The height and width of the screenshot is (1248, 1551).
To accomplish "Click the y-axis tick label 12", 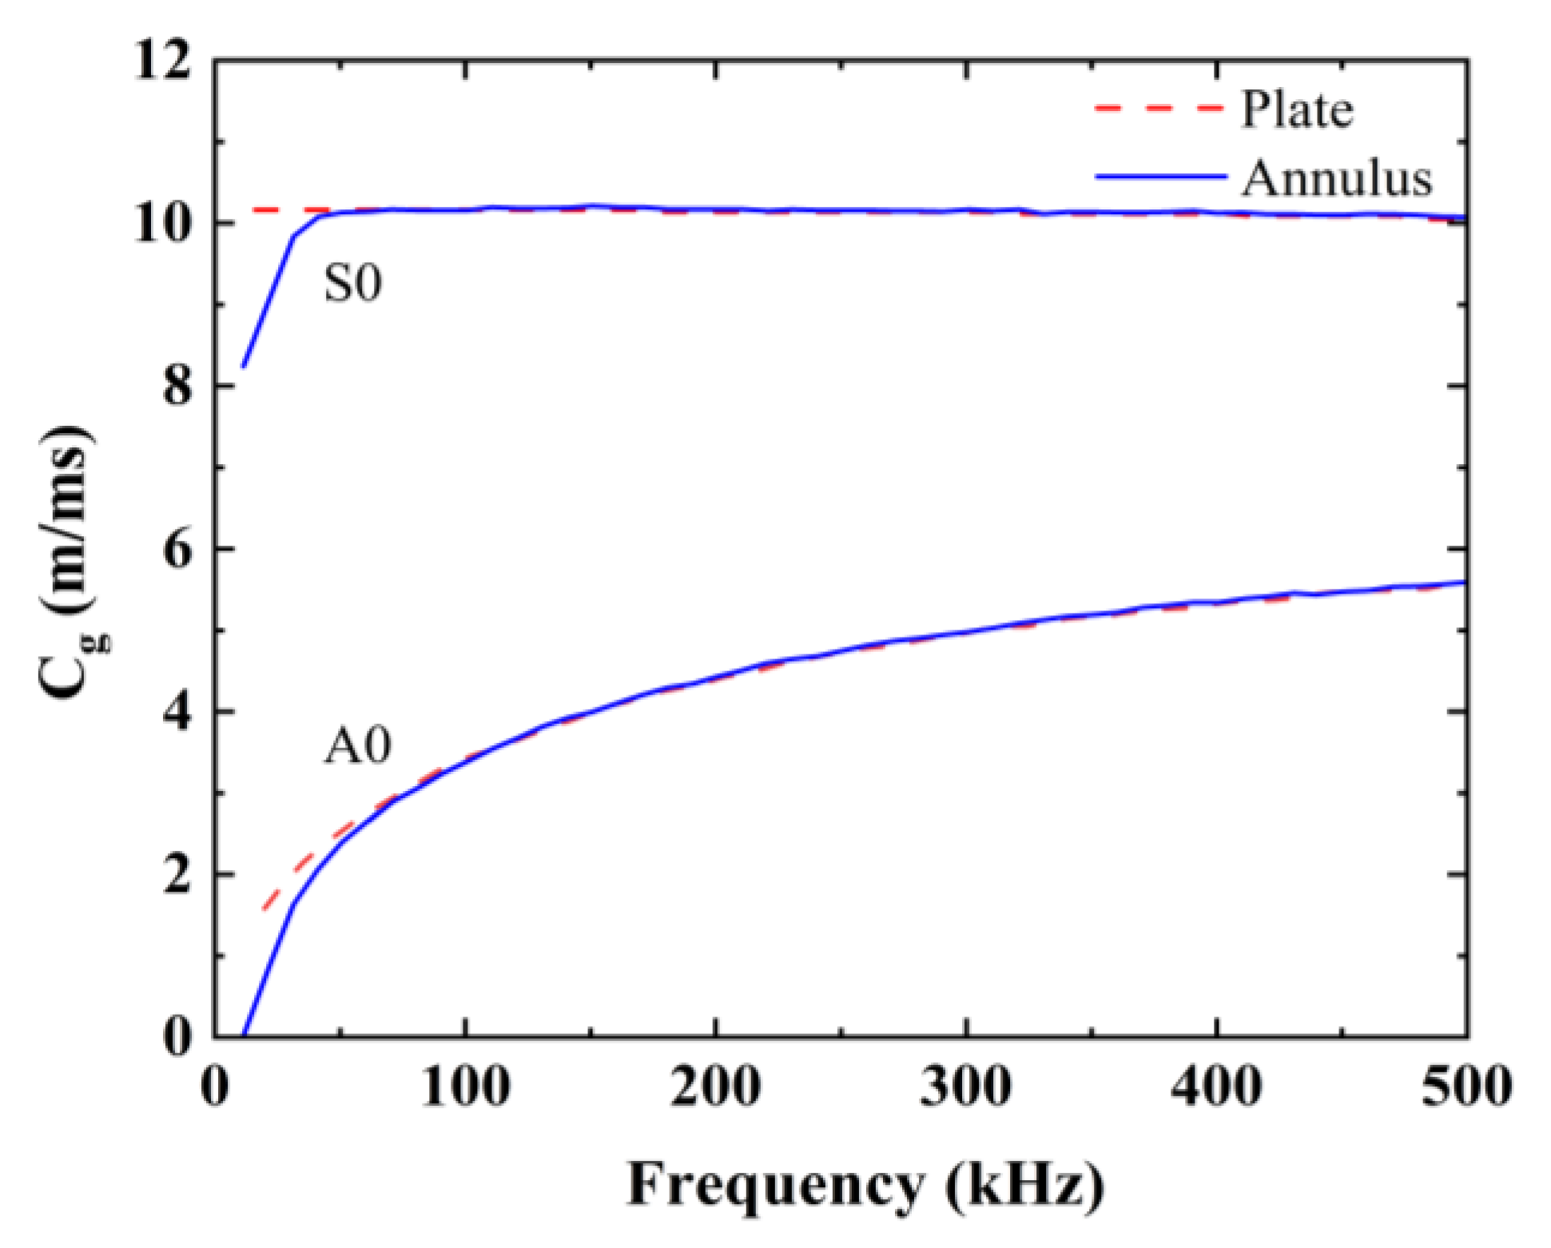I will pyautogui.click(x=163, y=62).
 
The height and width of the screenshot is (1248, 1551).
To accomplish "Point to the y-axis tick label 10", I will pyautogui.click(x=163, y=225).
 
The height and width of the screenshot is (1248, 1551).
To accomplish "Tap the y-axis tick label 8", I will pyautogui.click(x=177, y=388).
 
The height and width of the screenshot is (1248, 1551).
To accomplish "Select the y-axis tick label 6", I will pyautogui.click(x=177, y=550).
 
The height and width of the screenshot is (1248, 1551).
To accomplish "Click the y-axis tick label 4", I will pyautogui.click(x=177, y=713).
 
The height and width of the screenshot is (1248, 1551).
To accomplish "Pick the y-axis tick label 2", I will pyautogui.click(x=177, y=876).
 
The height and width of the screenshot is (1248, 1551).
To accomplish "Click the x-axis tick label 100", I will pyautogui.click(x=465, y=1087).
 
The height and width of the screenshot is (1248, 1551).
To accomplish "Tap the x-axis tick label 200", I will pyautogui.click(x=716, y=1087).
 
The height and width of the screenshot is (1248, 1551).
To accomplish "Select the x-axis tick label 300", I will pyautogui.click(x=966, y=1087).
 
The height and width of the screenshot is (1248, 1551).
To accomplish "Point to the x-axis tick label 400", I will pyautogui.click(x=1217, y=1087).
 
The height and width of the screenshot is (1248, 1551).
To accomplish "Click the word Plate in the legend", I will pyautogui.click(x=1297, y=109).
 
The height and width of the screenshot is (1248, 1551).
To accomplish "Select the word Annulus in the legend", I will pyautogui.click(x=1337, y=178).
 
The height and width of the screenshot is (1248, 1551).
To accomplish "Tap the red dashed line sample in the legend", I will pyautogui.click(x=1159, y=108).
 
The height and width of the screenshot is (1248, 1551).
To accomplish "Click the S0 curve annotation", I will pyautogui.click(x=352, y=283).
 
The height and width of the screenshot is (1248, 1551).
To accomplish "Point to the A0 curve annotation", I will pyautogui.click(x=357, y=747).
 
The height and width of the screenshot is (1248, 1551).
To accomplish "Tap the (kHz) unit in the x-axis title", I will pyautogui.click(x=1024, y=1185).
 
